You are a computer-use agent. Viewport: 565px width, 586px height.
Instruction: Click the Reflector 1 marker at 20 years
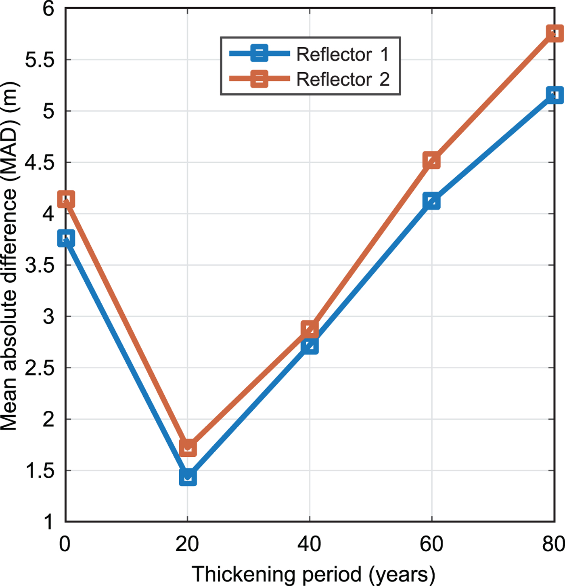[x=188, y=477]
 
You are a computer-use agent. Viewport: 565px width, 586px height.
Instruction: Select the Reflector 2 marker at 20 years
[x=188, y=447]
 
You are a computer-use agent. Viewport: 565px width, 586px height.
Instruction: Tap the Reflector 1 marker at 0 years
[x=66, y=238]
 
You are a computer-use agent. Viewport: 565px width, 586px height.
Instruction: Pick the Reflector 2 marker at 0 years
[x=66, y=199]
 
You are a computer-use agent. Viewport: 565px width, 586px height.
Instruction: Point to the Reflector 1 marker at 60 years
[x=431, y=201]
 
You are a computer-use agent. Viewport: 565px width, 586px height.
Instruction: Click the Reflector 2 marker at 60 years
[x=431, y=160]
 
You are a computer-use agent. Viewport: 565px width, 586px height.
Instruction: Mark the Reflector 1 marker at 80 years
[x=555, y=95]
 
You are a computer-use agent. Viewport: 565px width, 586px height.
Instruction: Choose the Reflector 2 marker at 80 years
[x=555, y=33]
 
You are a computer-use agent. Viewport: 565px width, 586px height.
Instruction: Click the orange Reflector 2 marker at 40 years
[x=310, y=329]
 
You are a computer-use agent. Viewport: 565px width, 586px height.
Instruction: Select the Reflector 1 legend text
[x=343, y=54]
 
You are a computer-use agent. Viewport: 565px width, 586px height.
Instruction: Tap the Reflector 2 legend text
[x=343, y=79]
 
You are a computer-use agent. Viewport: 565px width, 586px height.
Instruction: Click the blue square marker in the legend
[x=259, y=53]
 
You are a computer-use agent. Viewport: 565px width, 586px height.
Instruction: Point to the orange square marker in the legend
[x=259, y=78]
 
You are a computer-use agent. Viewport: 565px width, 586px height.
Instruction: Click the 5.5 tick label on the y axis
[x=40, y=60]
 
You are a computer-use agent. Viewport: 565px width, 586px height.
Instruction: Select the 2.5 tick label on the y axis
[x=40, y=368]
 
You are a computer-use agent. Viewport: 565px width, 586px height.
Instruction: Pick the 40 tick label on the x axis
[x=309, y=544]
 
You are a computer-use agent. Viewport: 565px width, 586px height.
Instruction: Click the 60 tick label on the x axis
[x=431, y=544]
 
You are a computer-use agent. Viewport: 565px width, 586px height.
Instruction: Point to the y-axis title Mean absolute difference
[x=9, y=256]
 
